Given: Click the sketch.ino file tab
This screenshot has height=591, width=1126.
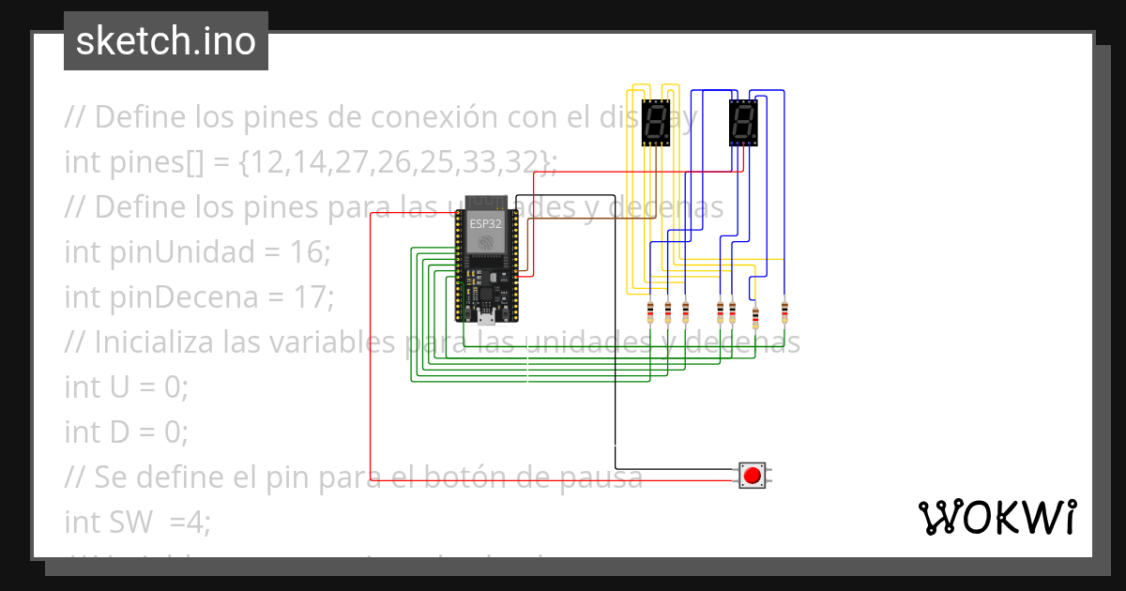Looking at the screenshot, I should point(165,41).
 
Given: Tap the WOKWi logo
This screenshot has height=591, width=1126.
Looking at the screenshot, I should point(997,517).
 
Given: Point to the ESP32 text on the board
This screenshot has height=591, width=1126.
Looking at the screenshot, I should point(485,224).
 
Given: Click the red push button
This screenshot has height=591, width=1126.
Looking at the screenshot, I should point(752,476).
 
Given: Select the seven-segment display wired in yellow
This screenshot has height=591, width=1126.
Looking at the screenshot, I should point(655,122).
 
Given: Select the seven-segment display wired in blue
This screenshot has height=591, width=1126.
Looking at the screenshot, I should point(742,122).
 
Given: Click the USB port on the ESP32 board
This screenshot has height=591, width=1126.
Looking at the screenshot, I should point(486,315).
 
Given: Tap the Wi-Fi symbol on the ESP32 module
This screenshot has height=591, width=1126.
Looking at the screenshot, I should point(485,242).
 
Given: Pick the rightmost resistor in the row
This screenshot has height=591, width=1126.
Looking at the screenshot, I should point(784,311).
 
